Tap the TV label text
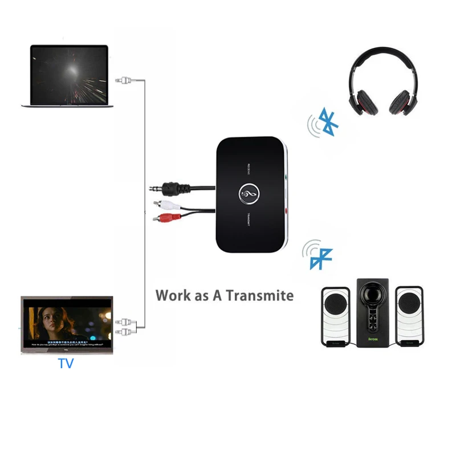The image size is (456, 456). pyautogui.click(x=66, y=363)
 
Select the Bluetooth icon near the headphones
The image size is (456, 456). pyautogui.click(x=325, y=120)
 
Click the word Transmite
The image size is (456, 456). pyautogui.click(x=260, y=295)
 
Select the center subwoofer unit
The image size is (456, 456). pyautogui.click(x=373, y=311)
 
